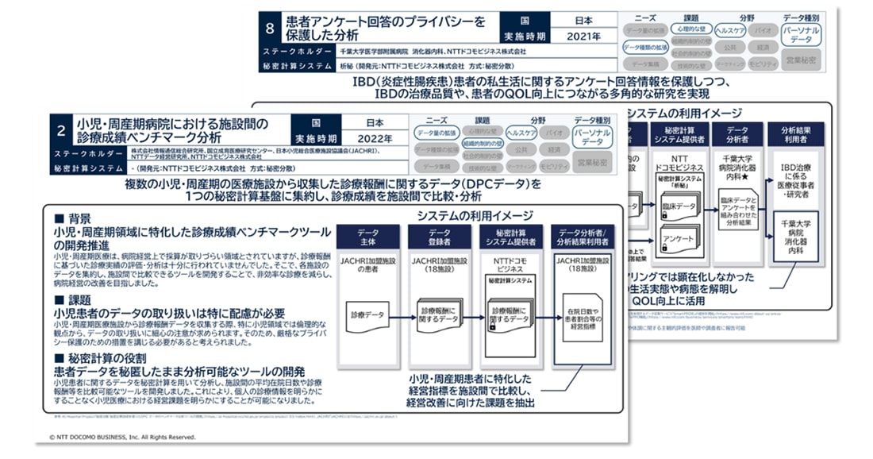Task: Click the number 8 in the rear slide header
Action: [x=271, y=28]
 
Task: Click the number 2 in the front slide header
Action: [x=62, y=132]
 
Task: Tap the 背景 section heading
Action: [x=75, y=218]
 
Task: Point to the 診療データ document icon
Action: [x=366, y=316]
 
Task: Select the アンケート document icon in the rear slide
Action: [x=678, y=237]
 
